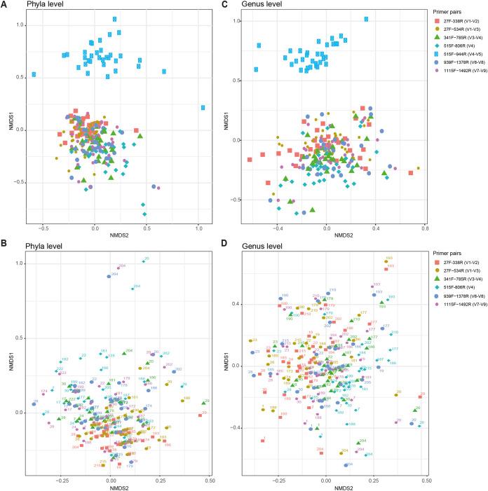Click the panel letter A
[x=5, y=6]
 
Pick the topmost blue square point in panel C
[x=366, y=19]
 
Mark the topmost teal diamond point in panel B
[x=145, y=261]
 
